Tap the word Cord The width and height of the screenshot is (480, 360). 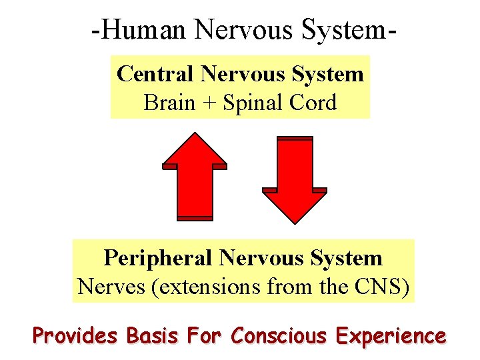313,103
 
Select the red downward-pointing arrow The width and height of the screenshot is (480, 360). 295,180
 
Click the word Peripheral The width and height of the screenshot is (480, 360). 158,258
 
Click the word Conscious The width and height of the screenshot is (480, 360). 279,335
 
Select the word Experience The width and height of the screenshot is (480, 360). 391,335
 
